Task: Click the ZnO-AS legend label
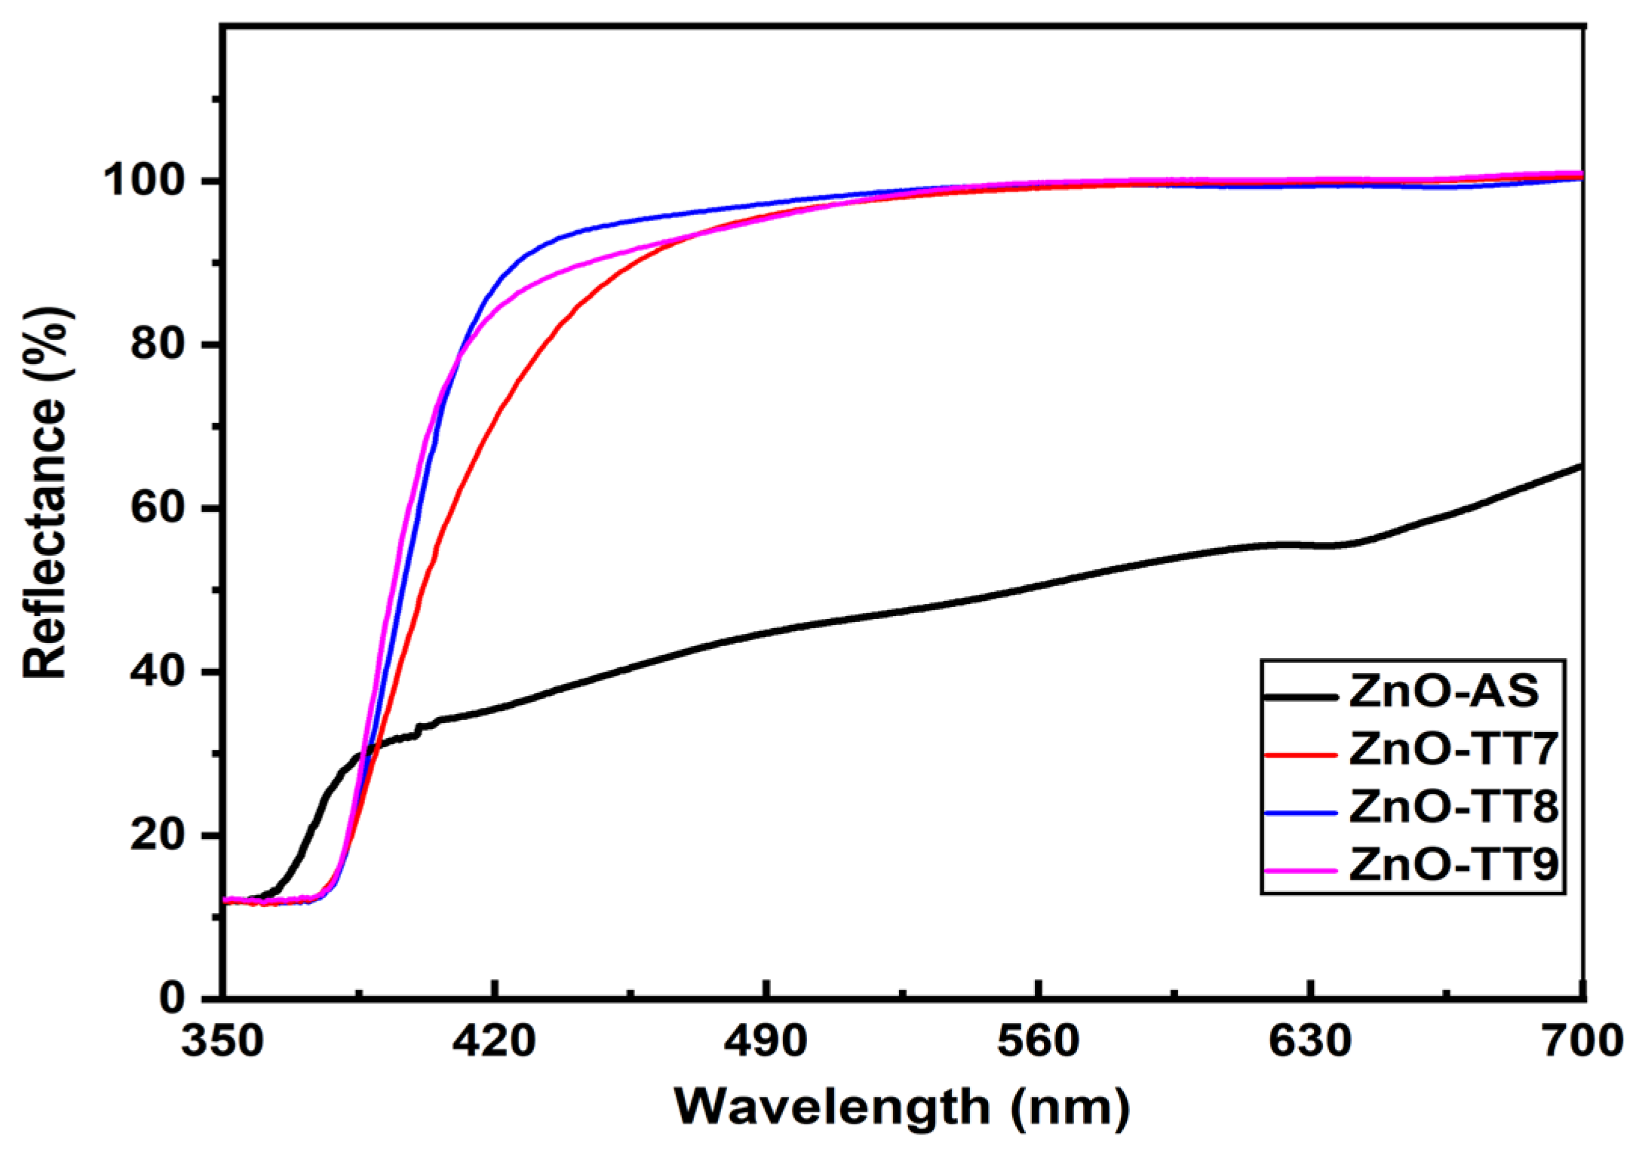[x=1444, y=691]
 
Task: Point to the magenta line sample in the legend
[x=1301, y=870]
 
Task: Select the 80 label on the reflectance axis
[x=158, y=344]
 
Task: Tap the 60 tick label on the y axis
[x=158, y=507]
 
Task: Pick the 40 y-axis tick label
[x=158, y=671]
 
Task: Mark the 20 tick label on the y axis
[x=158, y=835]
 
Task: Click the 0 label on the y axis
[x=173, y=997]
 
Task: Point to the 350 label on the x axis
[x=223, y=1042]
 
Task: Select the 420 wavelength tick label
[x=494, y=1042]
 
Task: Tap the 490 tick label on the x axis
[x=766, y=1042]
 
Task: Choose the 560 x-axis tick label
[x=1039, y=1042]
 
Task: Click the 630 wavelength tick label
[x=1310, y=1042]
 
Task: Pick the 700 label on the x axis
[x=1582, y=1042]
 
